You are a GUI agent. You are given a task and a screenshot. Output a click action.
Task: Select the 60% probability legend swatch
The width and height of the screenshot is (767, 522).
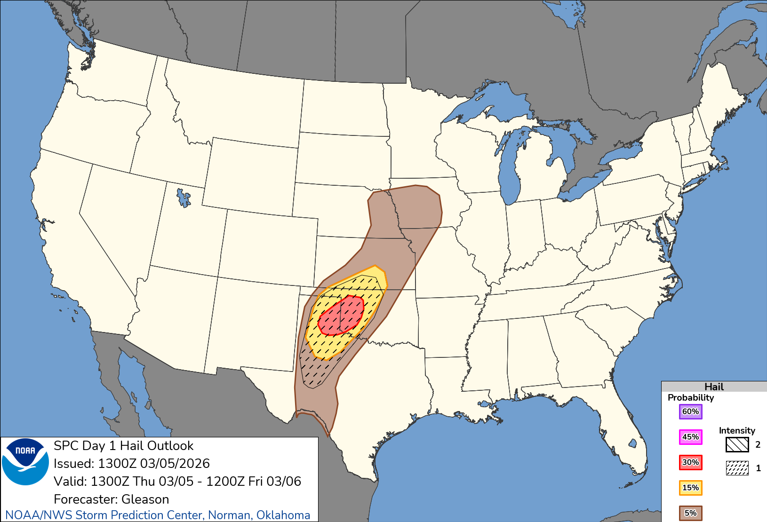(690, 411)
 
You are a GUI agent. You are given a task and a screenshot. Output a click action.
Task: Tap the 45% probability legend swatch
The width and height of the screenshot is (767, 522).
(690, 437)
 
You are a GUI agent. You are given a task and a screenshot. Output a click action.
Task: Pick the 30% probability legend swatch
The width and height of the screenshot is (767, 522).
(690, 462)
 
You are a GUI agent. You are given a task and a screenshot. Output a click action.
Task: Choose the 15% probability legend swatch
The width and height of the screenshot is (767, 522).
(690, 488)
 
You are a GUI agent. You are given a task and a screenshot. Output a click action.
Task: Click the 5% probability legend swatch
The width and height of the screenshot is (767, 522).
(690, 513)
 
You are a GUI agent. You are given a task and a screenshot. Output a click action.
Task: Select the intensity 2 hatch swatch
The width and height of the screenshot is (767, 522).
(737, 444)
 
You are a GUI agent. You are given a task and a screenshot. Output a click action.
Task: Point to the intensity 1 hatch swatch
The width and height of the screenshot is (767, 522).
(737, 468)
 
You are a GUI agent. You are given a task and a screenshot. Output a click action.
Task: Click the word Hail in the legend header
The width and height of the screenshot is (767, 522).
(714, 387)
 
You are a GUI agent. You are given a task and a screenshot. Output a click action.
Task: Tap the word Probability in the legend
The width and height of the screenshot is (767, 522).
(690, 397)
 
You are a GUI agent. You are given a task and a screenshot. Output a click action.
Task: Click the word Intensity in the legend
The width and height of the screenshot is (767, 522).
(736, 430)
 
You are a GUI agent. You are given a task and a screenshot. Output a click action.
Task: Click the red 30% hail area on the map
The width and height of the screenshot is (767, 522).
(341, 315)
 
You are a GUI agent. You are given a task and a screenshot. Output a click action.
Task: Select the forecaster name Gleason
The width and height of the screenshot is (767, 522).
(145, 499)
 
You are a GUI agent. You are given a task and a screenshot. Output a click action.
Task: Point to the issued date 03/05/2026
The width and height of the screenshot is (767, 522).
(175, 463)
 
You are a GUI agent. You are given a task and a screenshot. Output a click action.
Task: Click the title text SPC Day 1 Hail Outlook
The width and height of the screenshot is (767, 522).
(123, 445)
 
